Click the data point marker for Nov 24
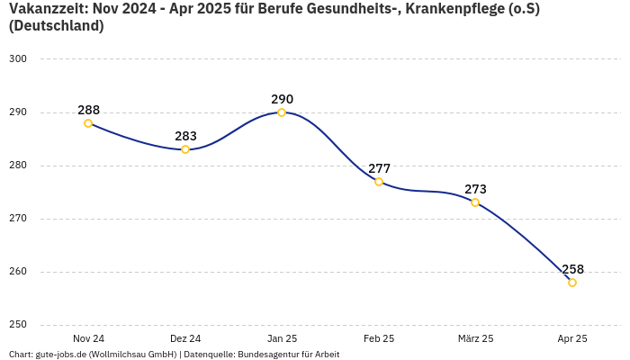tap(88, 123)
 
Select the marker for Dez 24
tap(185, 149)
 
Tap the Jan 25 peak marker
tap(282, 112)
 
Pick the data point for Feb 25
tap(379, 182)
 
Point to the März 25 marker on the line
tap(475, 202)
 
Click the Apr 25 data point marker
tap(572, 283)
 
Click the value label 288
tap(88, 110)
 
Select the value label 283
tap(185, 136)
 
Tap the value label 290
tap(282, 99)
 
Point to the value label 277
tap(379, 168)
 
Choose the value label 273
tap(475, 189)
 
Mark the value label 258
tap(572, 269)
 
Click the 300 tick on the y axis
tap(18, 59)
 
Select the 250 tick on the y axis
tap(18, 325)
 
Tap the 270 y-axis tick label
tap(18, 219)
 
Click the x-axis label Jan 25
tap(282, 338)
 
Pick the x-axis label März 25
tap(475, 338)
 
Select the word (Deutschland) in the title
tap(56, 26)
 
